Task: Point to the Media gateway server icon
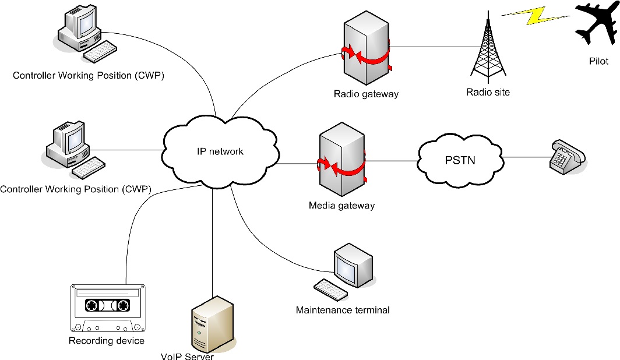(x=341, y=164)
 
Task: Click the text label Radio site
(x=488, y=92)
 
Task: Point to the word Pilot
(x=598, y=61)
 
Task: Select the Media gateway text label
(x=341, y=206)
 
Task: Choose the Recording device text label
(x=107, y=341)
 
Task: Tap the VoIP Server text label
(x=188, y=356)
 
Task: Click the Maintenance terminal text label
(x=343, y=310)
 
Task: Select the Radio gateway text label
(x=366, y=94)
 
